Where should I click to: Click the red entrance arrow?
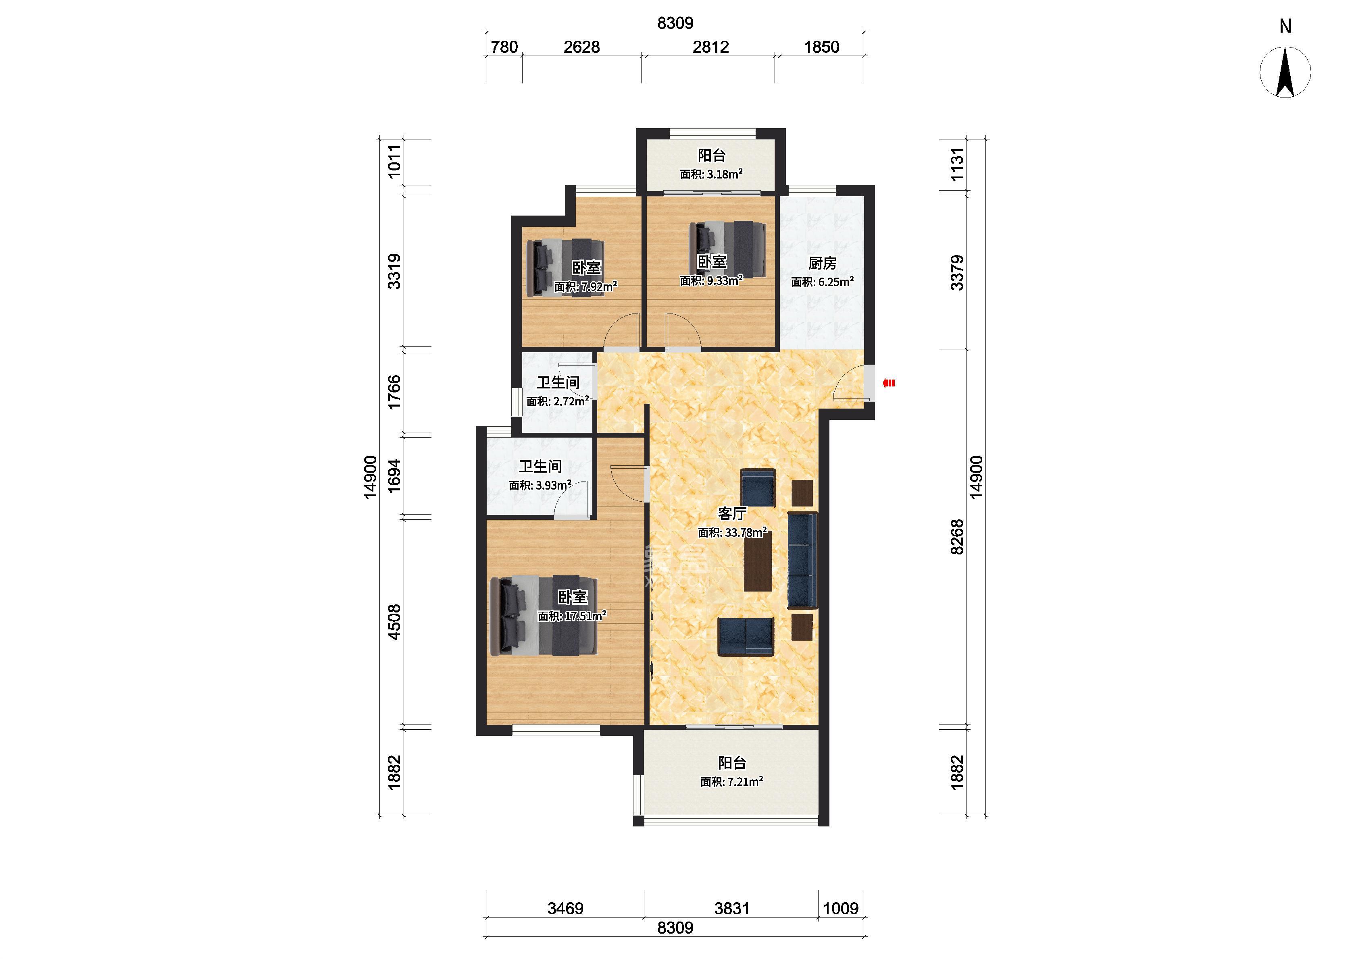click(889, 383)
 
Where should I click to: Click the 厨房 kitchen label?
click(822, 264)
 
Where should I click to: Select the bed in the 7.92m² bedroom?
click(566, 266)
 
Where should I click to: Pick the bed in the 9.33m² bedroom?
click(727, 249)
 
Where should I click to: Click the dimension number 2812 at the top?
click(711, 47)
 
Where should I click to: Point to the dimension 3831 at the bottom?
click(732, 908)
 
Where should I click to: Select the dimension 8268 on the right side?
click(957, 537)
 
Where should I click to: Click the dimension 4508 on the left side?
click(394, 622)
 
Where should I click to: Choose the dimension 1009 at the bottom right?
click(841, 908)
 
